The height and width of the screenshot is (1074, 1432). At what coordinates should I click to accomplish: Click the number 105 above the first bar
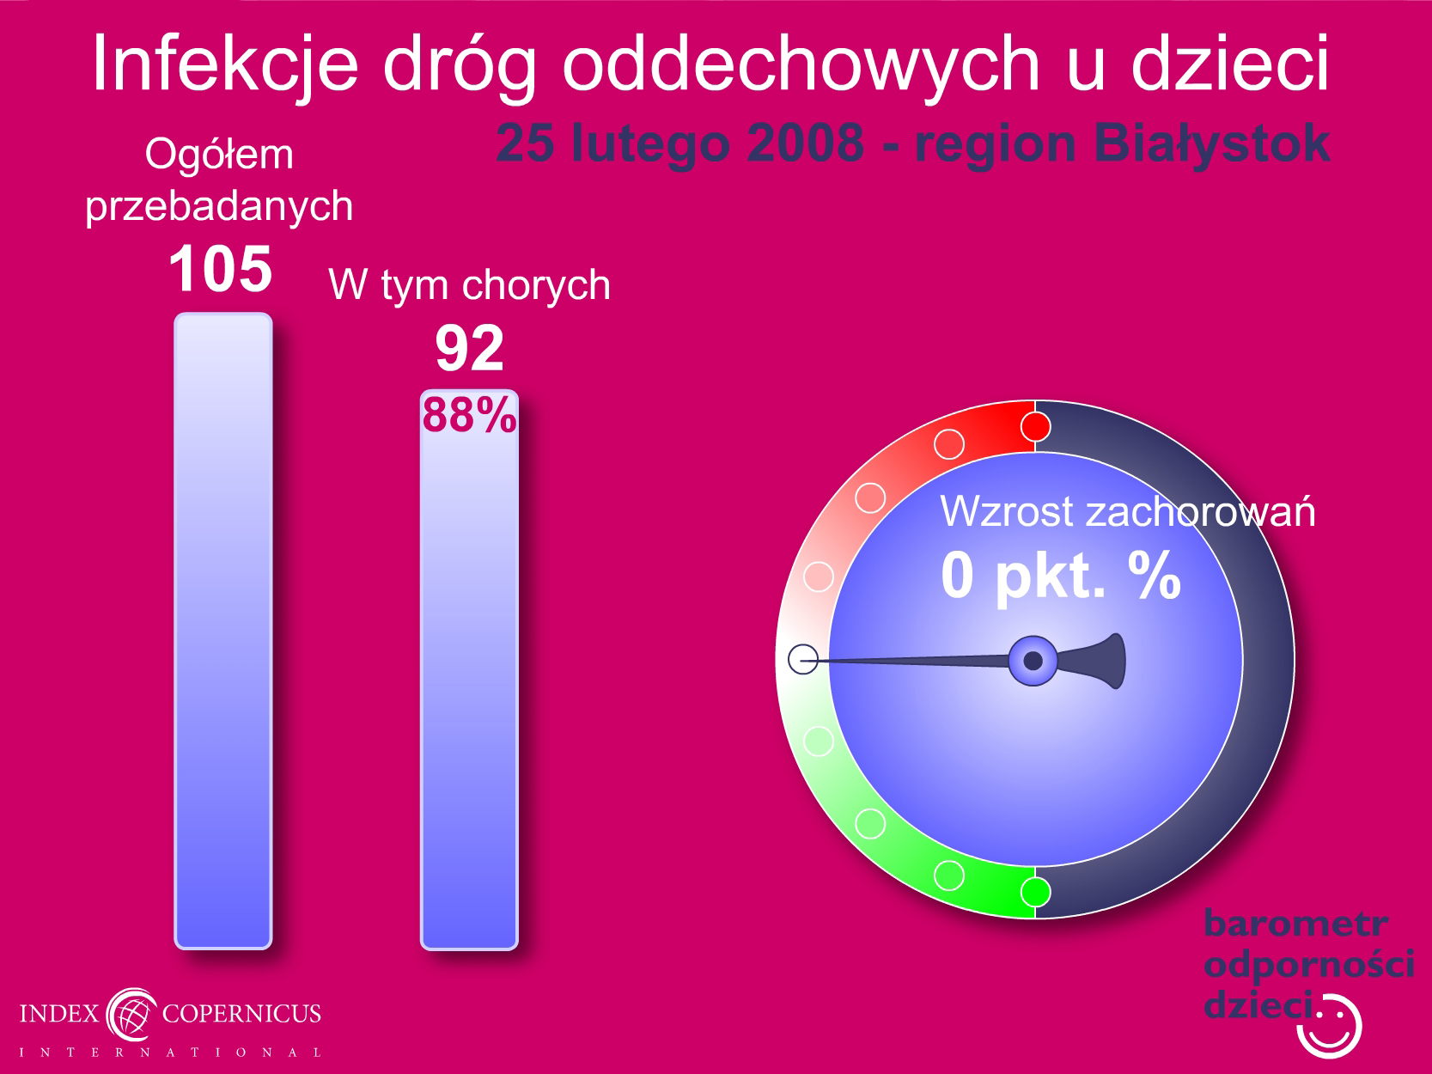(x=220, y=269)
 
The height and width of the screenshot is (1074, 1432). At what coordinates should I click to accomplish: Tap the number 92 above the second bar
(x=470, y=348)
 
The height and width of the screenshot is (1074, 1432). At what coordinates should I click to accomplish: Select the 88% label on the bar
(x=470, y=414)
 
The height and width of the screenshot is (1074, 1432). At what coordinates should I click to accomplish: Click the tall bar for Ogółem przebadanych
(x=223, y=631)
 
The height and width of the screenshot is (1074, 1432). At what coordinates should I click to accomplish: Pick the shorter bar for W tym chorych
(x=469, y=669)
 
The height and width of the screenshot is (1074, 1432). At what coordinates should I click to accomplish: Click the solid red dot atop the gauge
(x=1035, y=427)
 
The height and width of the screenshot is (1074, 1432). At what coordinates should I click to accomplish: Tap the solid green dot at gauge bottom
(x=1035, y=892)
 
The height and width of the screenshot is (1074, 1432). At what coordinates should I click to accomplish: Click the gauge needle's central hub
(x=1033, y=661)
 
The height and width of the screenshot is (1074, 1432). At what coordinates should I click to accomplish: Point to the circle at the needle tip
(x=803, y=659)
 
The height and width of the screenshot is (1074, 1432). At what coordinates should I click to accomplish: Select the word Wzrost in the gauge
(x=1007, y=511)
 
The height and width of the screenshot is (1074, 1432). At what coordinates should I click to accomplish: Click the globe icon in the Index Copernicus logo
(x=131, y=1015)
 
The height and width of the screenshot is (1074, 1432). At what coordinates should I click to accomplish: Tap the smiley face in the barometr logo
(x=1331, y=1027)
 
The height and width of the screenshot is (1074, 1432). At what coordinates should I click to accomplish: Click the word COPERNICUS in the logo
(x=241, y=1014)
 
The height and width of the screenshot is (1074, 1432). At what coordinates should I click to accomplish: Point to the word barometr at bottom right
(x=1295, y=924)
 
